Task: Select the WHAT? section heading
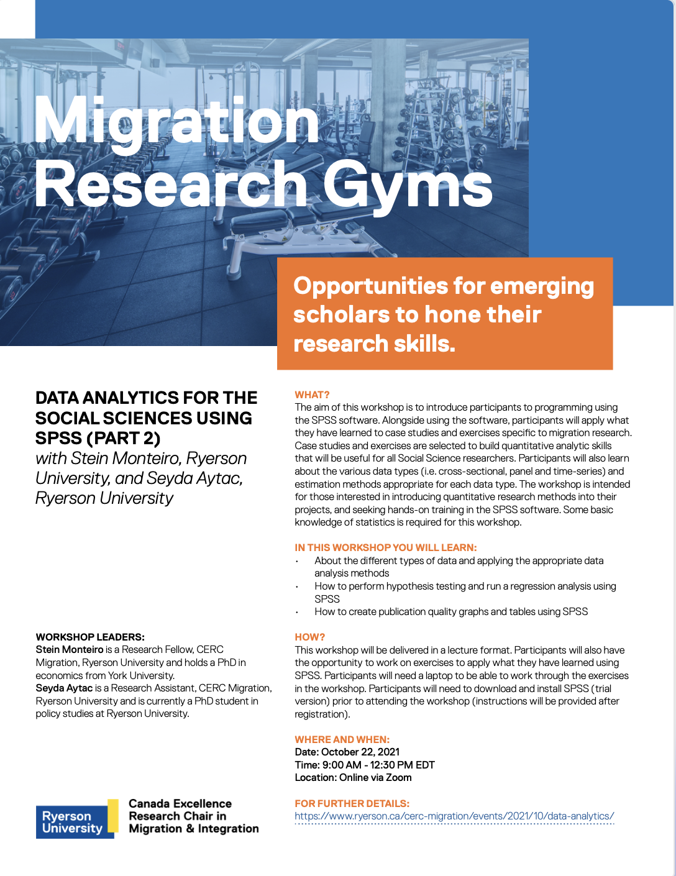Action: click(x=312, y=395)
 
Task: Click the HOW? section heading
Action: click(x=309, y=637)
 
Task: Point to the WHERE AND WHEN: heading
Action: click(x=342, y=739)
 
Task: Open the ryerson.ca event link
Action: click(x=454, y=816)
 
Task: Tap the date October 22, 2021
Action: click(x=360, y=752)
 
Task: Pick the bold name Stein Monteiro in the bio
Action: click(x=70, y=650)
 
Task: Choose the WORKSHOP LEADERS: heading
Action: click(x=90, y=637)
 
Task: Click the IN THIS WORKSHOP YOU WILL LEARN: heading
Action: click(x=386, y=548)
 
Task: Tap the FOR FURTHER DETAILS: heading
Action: click(x=352, y=803)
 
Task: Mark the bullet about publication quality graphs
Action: click(x=450, y=612)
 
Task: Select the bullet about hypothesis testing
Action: click(x=465, y=586)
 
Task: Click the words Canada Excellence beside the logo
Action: click(x=180, y=804)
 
